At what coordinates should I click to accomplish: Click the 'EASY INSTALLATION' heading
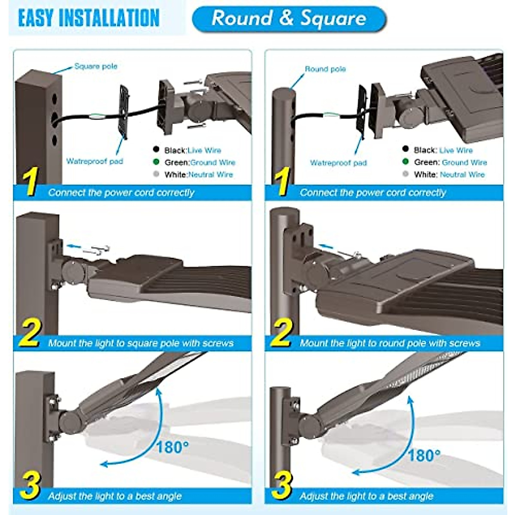89,18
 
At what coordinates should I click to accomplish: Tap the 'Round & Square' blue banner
289,18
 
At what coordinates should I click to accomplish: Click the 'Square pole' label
95,67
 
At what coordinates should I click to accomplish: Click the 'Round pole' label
325,69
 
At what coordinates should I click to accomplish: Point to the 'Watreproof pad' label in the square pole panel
94,161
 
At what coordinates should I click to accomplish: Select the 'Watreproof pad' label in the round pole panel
338,163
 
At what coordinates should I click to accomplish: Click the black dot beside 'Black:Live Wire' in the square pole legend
156,150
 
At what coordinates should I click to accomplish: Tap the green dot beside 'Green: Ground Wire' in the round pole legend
405,162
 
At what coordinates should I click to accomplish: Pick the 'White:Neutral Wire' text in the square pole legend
198,175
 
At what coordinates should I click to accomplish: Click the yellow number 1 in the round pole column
282,182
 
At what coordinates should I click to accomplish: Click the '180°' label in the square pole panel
172,448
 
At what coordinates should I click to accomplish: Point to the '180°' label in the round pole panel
424,455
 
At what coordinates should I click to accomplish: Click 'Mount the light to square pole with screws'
141,343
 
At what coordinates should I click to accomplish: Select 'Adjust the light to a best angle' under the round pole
367,497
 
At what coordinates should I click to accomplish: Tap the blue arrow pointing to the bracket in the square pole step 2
74,246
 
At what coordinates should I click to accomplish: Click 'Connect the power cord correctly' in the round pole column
373,193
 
